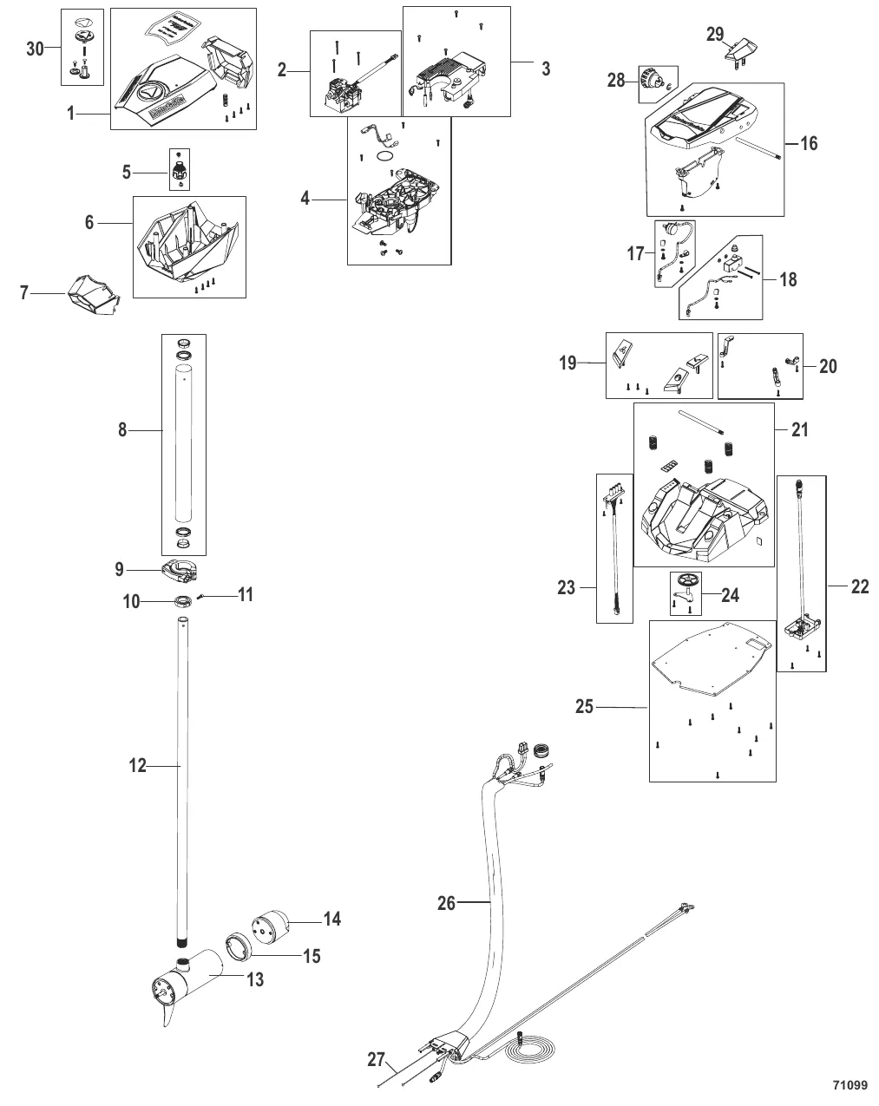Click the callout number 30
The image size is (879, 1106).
[35, 49]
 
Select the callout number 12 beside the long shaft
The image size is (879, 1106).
[138, 766]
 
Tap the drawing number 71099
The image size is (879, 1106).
[849, 1085]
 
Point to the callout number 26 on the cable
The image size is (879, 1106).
[446, 903]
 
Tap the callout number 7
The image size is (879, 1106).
[24, 294]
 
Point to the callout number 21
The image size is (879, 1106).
[799, 429]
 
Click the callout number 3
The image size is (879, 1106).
[546, 69]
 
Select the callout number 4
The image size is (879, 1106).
[305, 198]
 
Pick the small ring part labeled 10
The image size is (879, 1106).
[182, 601]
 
